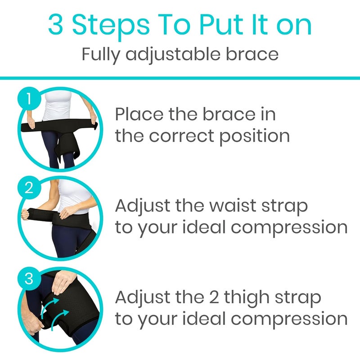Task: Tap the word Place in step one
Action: pos(139,115)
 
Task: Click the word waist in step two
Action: pos(226,207)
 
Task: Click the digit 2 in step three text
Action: pos(215,297)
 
